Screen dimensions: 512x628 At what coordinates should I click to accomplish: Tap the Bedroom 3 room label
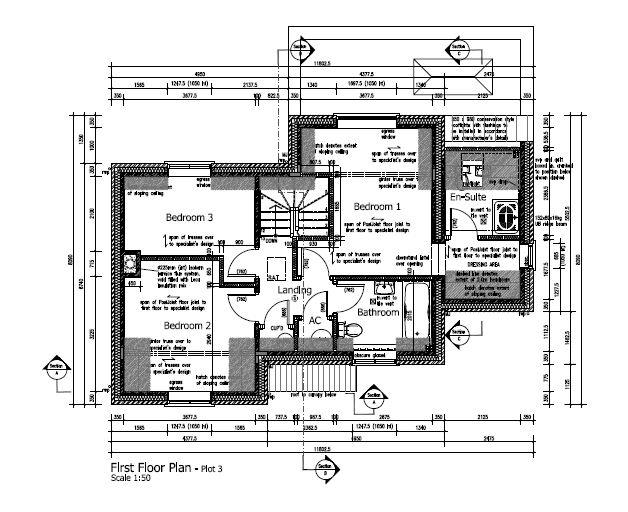click(x=189, y=217)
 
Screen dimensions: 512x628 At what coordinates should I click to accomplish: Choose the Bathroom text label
click(x=378, y=312)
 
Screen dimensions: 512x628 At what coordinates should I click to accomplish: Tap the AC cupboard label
click(x=313, y=320)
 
